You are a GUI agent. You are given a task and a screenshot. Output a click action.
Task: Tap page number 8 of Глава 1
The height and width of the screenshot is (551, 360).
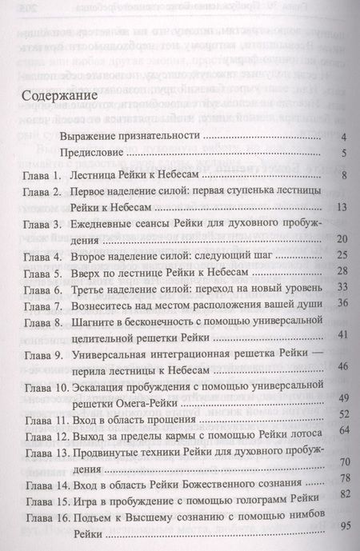341,174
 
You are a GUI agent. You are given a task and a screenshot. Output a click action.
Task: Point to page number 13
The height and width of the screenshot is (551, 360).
338,209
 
